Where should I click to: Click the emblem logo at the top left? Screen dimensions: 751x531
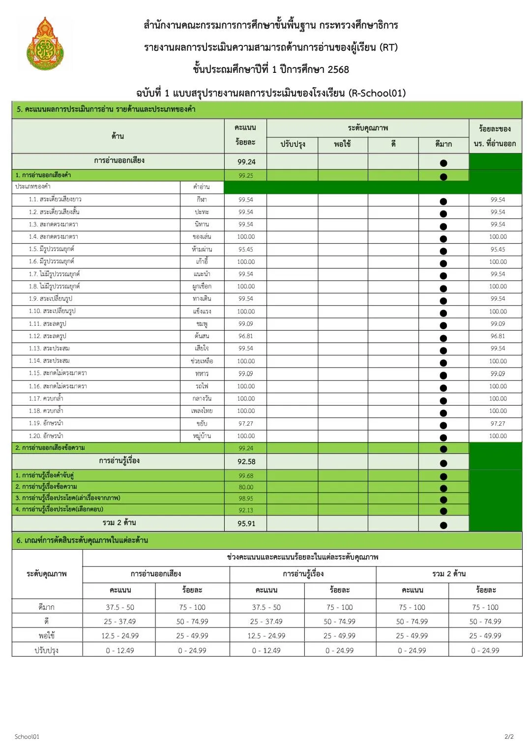(x=45, y=44)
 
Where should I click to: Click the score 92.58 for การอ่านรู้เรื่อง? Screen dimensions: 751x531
(x=246, y=462)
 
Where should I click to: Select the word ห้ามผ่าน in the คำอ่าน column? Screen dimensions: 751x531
(x=202, y=250)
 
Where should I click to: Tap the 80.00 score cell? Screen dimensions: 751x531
(x=246, y=487)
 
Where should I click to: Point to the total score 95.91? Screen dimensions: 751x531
(x=246, y=524)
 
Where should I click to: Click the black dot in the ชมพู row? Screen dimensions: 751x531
(x=443, y=325)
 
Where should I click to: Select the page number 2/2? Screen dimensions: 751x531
(x=509, y=737)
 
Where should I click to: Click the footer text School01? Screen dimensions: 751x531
(x=27, y=737)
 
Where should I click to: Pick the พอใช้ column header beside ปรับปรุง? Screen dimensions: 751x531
(x=342, y=144)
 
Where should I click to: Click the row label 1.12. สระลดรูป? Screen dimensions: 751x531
(x=47, y=336)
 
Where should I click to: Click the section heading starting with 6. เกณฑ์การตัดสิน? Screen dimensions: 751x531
(x=82, y=540)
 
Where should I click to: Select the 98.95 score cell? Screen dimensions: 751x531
(x=246, y=499)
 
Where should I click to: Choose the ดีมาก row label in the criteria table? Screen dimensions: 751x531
(x=47, y=607)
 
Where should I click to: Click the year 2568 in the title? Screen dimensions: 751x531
(x=338, y=69)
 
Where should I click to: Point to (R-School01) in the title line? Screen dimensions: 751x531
(x=377, y=93)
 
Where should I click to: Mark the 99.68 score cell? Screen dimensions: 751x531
(x=246, y=476)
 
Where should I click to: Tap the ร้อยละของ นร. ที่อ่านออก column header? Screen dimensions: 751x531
(x=495, y=136)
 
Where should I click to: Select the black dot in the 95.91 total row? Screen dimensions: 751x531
(x=443, y=525)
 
